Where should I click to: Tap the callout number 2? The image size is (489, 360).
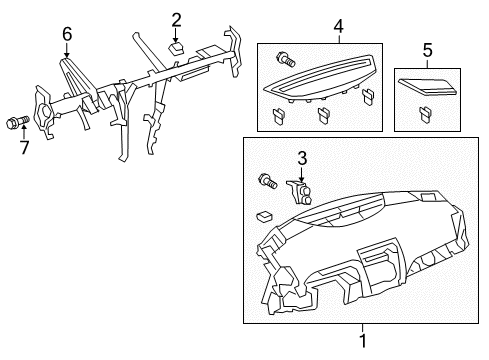pos(176,18)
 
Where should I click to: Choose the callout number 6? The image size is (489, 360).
pos(67,34)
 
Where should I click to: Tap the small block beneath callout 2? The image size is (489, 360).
pos(176,46)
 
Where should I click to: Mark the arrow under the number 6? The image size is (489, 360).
pos(67,48)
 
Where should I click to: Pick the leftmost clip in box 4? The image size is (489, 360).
pos(277,116)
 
